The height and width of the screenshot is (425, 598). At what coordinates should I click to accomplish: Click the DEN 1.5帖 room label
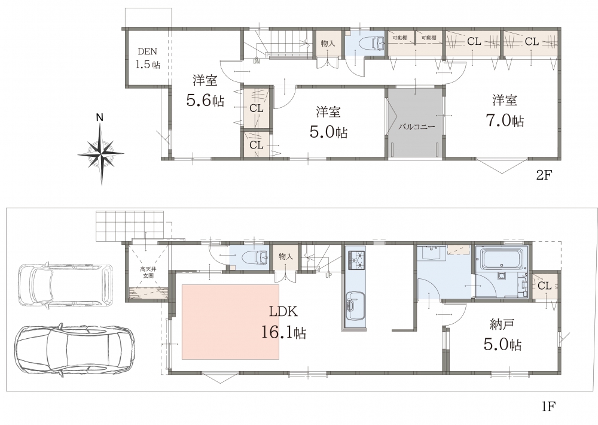click(148, 58)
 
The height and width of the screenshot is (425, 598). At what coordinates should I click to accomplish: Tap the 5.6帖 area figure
click(205, 100)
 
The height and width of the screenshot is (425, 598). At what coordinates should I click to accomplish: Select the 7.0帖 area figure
click(505, 120)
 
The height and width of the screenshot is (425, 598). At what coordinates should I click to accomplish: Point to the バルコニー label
click(416, 127)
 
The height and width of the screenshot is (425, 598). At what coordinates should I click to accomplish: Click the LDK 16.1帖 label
click(283, 322)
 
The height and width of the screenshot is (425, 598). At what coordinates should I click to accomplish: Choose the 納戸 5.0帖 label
click(503, 335)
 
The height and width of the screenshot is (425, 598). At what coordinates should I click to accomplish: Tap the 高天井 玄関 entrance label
click(148, 272)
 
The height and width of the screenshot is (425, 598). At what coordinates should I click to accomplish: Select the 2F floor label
click(544, 175)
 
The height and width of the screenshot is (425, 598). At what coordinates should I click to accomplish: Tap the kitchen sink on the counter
click(355, 306)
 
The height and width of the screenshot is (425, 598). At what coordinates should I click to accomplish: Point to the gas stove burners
click(355, 259)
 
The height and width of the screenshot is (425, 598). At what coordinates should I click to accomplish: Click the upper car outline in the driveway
click(65, 284)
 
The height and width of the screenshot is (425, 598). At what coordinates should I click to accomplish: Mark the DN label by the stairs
click(257, 61)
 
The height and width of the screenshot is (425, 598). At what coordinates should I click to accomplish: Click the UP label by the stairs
click(328, 274)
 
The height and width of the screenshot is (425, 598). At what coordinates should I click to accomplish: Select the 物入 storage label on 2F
click(328, 44)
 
